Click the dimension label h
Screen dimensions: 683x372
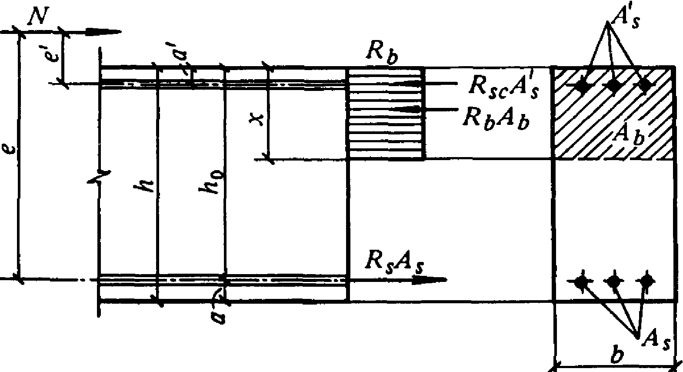pos(146,186)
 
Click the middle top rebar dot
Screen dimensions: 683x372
pos(613,86)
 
